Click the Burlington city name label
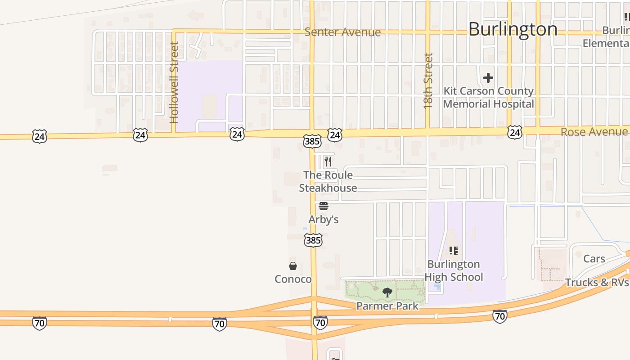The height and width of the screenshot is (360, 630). (x=513, y=29)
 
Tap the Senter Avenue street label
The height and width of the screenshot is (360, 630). (x=342, y=32)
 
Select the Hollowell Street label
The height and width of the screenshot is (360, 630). (x=175, y=82)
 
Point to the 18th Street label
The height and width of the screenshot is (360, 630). (x=428, y=81)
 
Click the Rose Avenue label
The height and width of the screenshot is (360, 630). (x=594, y=131)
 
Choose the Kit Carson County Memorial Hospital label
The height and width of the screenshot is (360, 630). (x=488, y=98)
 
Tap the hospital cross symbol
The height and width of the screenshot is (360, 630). (x=488, y=78)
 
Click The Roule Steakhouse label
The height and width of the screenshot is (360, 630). (x=328, y=181)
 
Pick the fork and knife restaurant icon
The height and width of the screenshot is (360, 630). (x=328, y=162)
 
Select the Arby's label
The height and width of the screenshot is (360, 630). (x=323, y=220)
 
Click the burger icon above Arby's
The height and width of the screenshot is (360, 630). (x=323, y=207)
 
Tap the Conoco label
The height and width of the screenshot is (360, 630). (x=293, y=279)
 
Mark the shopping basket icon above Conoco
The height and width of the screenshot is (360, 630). (x=293, y=266)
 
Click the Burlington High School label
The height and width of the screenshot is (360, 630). (x=454, y=270)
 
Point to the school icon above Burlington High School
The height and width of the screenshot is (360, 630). (x=454, y=251)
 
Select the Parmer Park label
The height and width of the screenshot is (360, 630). (x=387, y=306)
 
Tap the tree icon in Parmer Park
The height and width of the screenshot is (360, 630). (x=387, y=293)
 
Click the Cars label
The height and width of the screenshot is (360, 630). (x=594, y=259)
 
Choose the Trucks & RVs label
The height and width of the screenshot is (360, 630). (x=597, y=283)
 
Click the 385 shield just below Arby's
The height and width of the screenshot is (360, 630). (x=313, y=240)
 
